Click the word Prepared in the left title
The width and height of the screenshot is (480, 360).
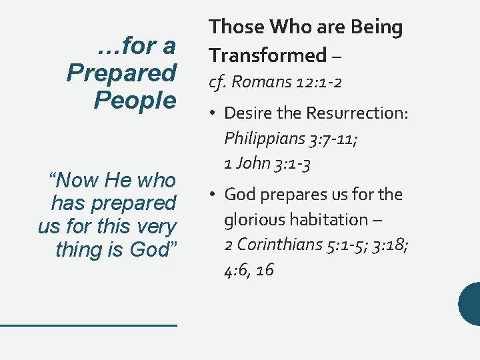121,73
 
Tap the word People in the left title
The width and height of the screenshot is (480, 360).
135,100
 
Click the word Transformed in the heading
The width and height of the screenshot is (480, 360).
268,55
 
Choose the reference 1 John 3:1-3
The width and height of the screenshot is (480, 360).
267,163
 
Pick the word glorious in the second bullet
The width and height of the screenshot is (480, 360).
250,219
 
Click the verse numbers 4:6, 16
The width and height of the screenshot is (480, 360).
249,269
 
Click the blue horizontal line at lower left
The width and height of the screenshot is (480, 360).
88,325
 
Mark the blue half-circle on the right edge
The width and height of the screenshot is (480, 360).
470,303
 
